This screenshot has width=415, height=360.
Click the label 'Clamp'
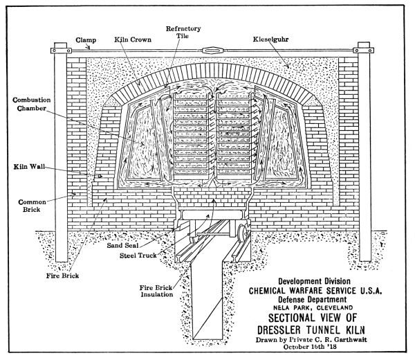(86, 40)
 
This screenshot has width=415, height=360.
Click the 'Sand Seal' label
(125, 245)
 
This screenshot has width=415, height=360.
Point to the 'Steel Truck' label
(132, 255)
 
